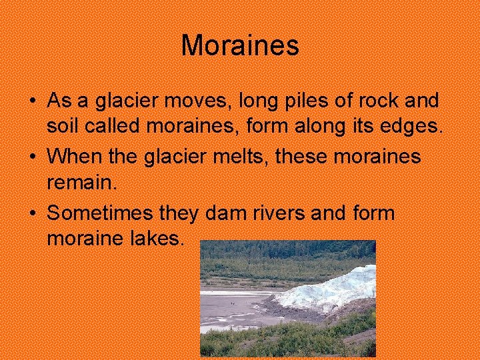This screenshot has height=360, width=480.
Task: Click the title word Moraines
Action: click(240, 46)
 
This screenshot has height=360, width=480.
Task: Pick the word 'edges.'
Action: click(415, 125)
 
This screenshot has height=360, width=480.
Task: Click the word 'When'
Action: click(71, 157)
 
